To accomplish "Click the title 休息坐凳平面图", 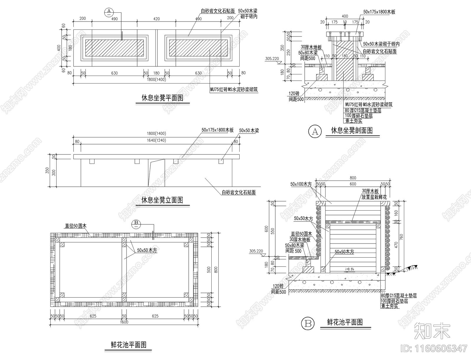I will (162, 98).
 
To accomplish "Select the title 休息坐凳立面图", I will (162, 200).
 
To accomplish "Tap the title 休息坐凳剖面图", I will (352, 131).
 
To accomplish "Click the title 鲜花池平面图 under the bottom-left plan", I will (129, 345).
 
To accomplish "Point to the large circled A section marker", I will (315, 131).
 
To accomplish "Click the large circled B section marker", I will (308, 324).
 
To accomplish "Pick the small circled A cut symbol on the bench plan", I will (109, 11).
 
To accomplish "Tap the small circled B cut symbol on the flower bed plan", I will (136, 223).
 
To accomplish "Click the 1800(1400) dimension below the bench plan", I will (157, 79).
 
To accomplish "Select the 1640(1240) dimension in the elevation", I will (157, 141).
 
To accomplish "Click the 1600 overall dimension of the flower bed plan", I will (124, 322).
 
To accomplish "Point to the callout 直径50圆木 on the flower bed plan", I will (76, 226).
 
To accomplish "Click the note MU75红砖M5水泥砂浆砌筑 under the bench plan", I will (234, 89).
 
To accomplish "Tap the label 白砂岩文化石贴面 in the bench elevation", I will (239, 193).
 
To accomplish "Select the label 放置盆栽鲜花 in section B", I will (374, 197).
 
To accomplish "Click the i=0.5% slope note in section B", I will (350, 269).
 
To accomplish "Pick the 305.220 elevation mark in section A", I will (272, 59).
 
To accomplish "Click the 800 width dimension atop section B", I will (353, 178).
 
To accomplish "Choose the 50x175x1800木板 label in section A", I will (379, 12).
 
